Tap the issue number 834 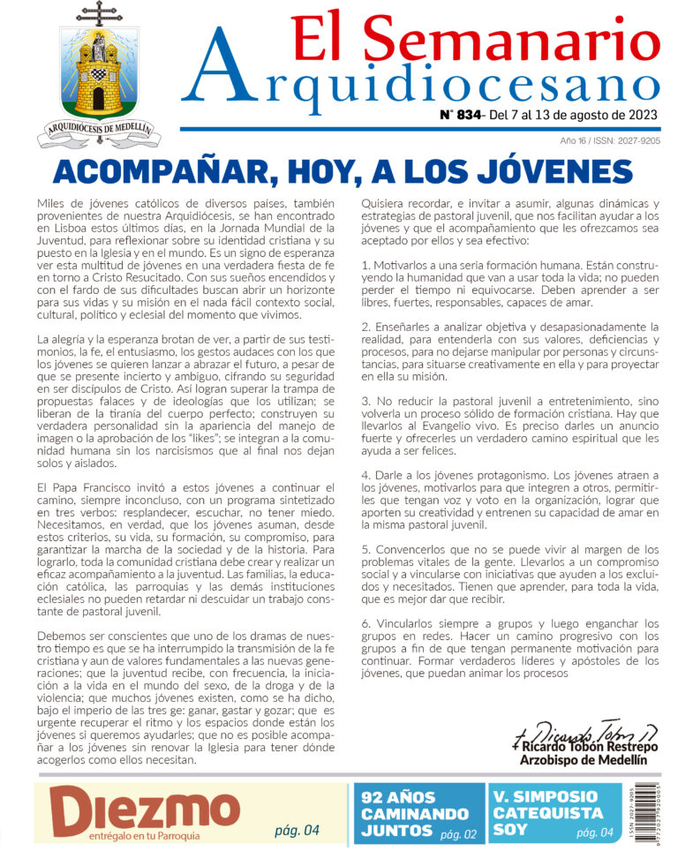tap(469, 115)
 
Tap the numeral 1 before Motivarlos tap(365, 265)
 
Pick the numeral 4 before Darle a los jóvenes tap(365, 475)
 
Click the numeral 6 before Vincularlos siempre tap(365, 623)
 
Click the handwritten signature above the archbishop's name tap(583, 732)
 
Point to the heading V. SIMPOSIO tap(545, 796)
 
